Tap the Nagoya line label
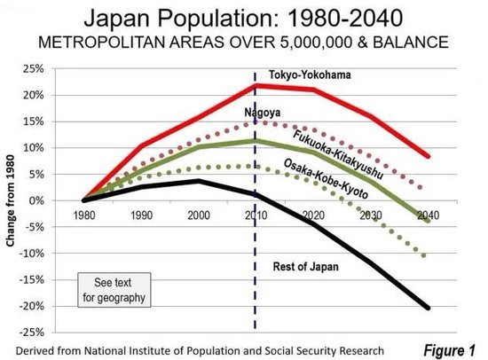click(x=264, y=113)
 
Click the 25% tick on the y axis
click(x=59, y=68)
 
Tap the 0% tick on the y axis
click(x=61, y=200)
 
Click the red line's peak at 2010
click(x=256, y=85)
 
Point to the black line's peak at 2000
click(x=199, y=181)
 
